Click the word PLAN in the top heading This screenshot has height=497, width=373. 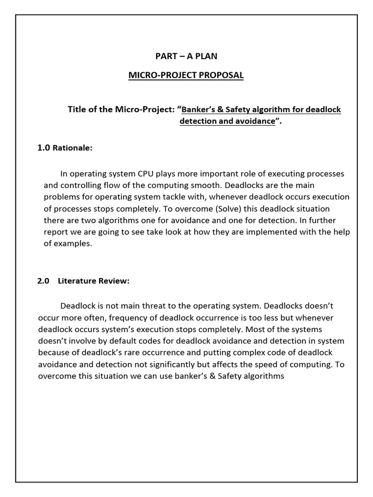pyautogui.click(x=205, y=56)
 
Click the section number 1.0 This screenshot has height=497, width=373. pyautogui.click(x=44, y=148)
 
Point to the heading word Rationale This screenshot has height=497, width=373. pyautogui.click(x=72, y=148)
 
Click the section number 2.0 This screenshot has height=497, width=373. pyautogui.click(x=44, y=281)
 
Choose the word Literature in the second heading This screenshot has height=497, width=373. pyautogui.click(x=77, y=281)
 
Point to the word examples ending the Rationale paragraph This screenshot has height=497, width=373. pyautogui.click(x=73, y=244)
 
